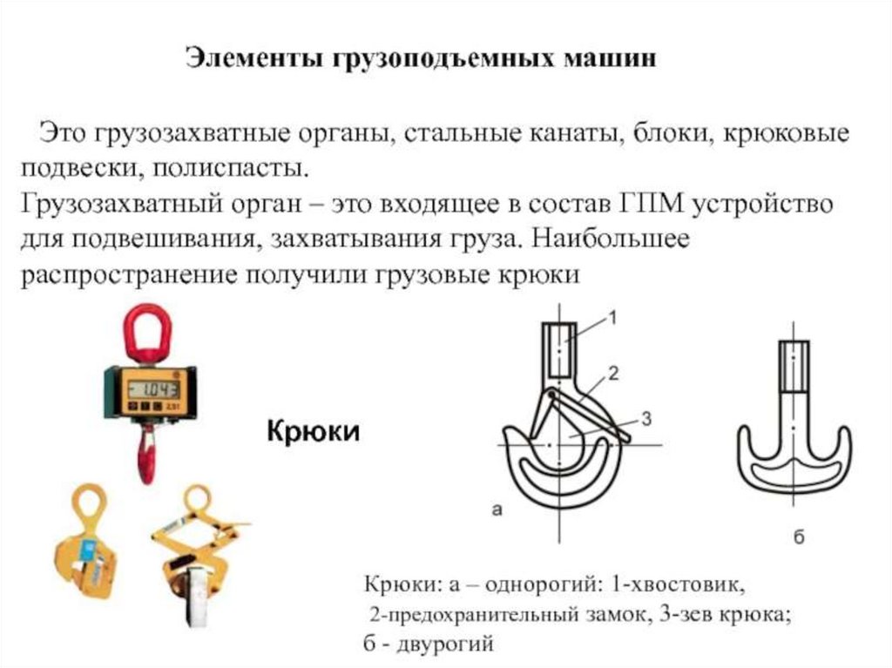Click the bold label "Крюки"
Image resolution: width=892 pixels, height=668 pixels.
[x=313, y=431]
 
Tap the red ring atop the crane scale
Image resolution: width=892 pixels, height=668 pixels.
[x=147, y=332]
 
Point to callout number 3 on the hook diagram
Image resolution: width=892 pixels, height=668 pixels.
[x=645, y=419]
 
